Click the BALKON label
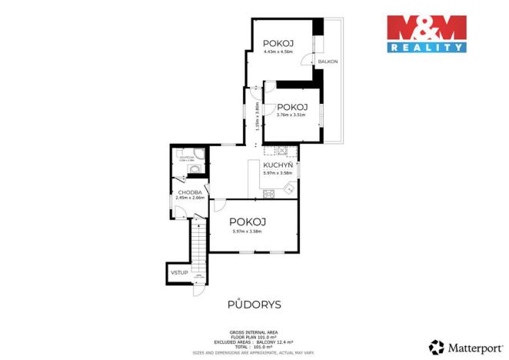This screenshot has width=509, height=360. pos(328,61)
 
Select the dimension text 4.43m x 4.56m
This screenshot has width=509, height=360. pos(278,52)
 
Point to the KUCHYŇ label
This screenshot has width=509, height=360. pos(277,165)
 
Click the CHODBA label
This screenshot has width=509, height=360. pos(190,192)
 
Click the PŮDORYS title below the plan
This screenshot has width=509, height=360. pos(254,305)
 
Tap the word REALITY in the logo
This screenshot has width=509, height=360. pos(426,47)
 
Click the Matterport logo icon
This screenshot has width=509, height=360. pos(437,347)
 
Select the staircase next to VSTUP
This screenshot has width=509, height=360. pos(198,250)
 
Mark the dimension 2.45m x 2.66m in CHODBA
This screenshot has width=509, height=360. pos(190,198)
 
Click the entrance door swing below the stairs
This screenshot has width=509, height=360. pos(198,290)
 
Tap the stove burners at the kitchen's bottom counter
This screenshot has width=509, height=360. pos(269,194)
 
